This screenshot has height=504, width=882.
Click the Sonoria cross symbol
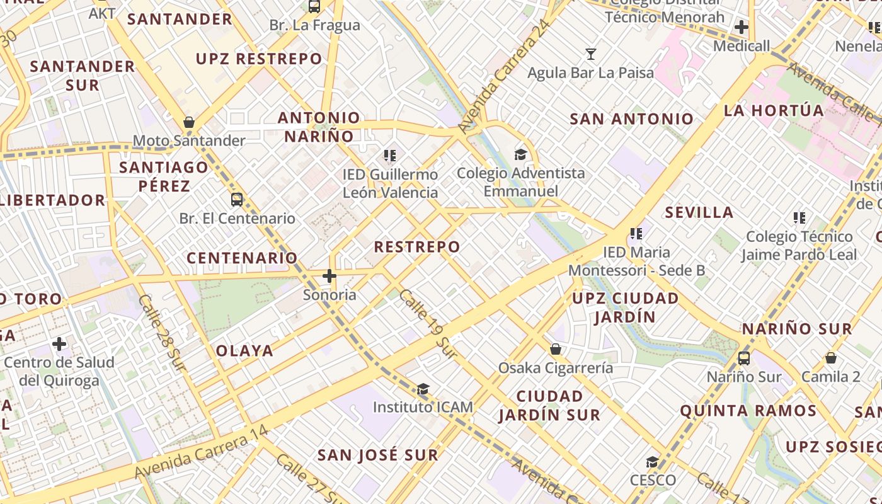coord(329,276)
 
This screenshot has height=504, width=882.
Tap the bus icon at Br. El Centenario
coord(237,200)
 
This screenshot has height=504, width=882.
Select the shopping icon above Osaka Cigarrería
coord(556,349)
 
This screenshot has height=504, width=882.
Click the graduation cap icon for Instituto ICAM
coord(423,389)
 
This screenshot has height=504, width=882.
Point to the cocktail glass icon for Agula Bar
coord(591,54)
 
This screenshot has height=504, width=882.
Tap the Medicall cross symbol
coord(742,27)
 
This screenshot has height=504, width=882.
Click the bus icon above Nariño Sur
coord(744,358)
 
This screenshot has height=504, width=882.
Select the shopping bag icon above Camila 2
coord(831,358)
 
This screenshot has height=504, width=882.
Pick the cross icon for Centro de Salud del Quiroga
coord(59,344)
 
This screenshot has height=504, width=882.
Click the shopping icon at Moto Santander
coord(189,122)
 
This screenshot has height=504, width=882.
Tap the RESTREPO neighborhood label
coord(417,246)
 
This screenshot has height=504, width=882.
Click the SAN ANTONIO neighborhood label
coord(631,119)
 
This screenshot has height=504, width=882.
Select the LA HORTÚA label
coord(774,111)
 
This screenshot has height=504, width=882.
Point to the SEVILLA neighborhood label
coord(699,212)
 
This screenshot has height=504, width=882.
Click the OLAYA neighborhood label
coord(244,351)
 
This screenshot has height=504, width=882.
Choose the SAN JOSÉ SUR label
coord(377,455)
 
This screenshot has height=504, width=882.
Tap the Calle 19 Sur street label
coord(428,324)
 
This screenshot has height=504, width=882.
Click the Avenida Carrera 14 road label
coord(202,452)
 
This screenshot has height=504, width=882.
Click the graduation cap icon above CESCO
coord(653,462)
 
